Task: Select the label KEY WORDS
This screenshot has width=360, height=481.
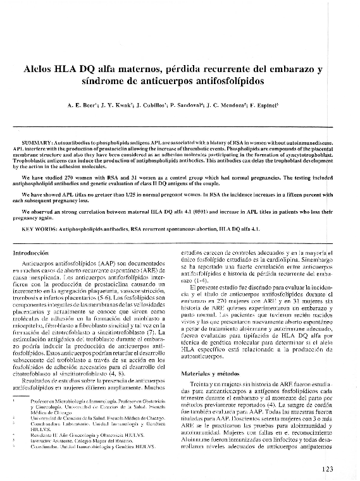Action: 37,228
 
